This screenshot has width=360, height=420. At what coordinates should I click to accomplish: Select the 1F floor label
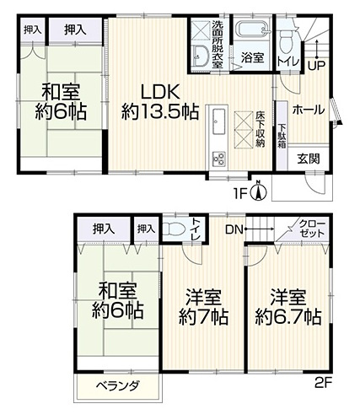(x=243, y=193)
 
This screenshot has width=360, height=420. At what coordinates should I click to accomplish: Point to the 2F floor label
(x=325, y=382)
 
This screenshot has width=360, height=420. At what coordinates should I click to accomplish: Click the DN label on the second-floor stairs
(x=234, y=227)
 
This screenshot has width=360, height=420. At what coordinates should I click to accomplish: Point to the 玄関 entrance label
(x=308, y=158)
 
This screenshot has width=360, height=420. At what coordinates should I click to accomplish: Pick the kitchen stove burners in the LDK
(x=217, y=157)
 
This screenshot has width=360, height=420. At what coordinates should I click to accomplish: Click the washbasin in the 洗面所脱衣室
(x=201, y=56)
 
